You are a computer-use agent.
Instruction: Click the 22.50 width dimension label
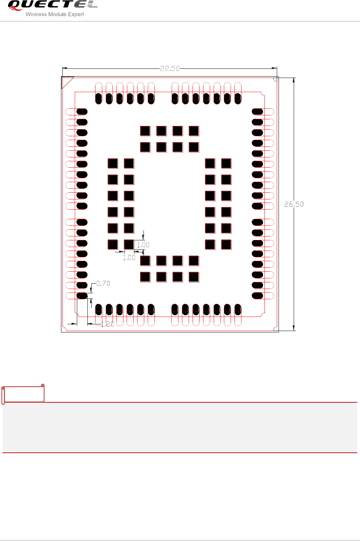(170, 68)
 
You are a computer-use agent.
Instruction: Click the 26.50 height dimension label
(294, 204)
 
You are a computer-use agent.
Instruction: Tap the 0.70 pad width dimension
(103, 283)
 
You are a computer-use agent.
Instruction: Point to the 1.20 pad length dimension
(107, 324)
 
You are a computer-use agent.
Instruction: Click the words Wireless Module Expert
(55, 14)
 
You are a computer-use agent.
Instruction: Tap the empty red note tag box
(23, 394)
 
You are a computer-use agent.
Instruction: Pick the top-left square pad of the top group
(145, 131)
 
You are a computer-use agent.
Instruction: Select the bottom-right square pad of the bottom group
(194, 277)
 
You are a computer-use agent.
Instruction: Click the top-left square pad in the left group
(113, 163)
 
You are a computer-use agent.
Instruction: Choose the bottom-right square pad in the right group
(226, 245)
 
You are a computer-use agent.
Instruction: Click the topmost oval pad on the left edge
(82, 112)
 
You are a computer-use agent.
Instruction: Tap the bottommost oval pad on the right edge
(257, 296)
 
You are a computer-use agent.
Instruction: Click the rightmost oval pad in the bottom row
(238, 309)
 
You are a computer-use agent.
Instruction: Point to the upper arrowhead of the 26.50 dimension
(294, 80)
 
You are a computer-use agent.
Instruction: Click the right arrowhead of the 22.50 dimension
(274, 68)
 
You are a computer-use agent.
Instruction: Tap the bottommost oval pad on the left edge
(82, 296)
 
